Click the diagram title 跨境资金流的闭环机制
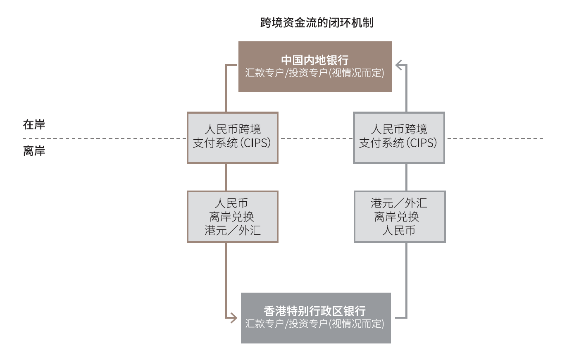point(317,22)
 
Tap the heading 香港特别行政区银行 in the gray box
point(315,311)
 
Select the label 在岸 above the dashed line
point(34,124)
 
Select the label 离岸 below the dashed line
point(34,151)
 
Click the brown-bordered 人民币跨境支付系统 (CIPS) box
point(232,137)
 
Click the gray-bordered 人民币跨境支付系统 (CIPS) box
point(399,137)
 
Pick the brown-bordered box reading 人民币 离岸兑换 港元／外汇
point(232,217)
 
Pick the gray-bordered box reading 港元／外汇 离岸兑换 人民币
point(399,217)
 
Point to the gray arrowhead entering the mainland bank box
point(399,65)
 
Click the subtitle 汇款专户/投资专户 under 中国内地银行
point(314,73)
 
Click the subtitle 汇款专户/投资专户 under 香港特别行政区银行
point(314,324)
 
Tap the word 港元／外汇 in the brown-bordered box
point(233,230)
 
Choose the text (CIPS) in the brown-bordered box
point(256,143)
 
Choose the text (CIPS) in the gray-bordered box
point(422,143)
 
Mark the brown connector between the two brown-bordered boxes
point(226,177)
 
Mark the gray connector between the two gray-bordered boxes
point(406,177)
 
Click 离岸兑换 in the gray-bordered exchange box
point(397,217)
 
